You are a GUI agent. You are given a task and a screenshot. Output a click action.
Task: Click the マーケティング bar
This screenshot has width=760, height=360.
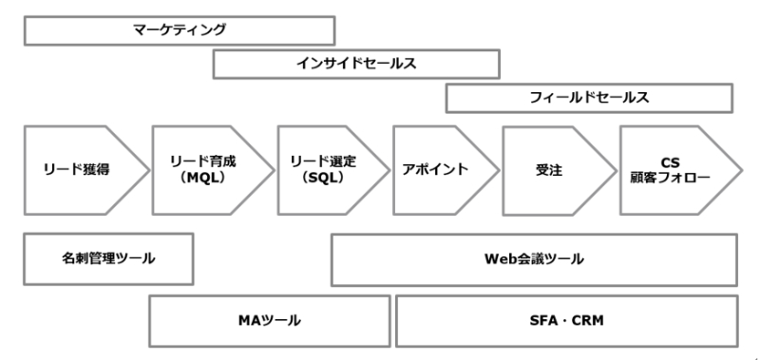[x=179, y=29]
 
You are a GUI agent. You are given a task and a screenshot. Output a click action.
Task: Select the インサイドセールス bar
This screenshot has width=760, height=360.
[x=356, y=64]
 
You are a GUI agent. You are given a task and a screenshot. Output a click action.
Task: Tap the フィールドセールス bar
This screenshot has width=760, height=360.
[x=589, y=98]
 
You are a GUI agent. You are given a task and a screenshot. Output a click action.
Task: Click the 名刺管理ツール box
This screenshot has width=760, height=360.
[x=108, y=258]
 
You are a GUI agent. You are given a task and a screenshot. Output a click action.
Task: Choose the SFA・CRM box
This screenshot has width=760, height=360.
[x=566, y=320]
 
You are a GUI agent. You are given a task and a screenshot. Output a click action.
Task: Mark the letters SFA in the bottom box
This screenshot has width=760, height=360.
[x=543, y=320]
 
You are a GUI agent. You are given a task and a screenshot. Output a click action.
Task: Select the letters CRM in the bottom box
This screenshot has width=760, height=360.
[x=589, y=320]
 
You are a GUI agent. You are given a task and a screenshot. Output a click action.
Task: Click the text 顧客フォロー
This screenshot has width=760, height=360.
[x=671, y=178]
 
